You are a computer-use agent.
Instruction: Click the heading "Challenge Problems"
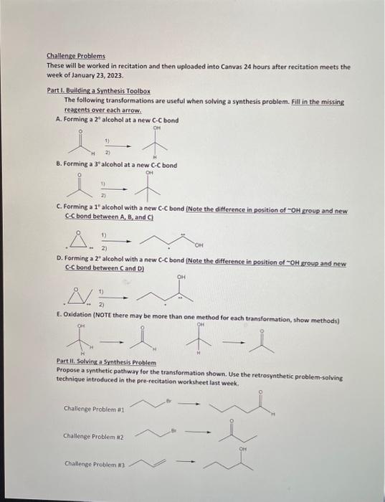tap(75, 56)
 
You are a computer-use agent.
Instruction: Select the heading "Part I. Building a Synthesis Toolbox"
tap(98, 91)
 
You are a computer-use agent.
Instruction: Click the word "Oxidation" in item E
tap(84, 318)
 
